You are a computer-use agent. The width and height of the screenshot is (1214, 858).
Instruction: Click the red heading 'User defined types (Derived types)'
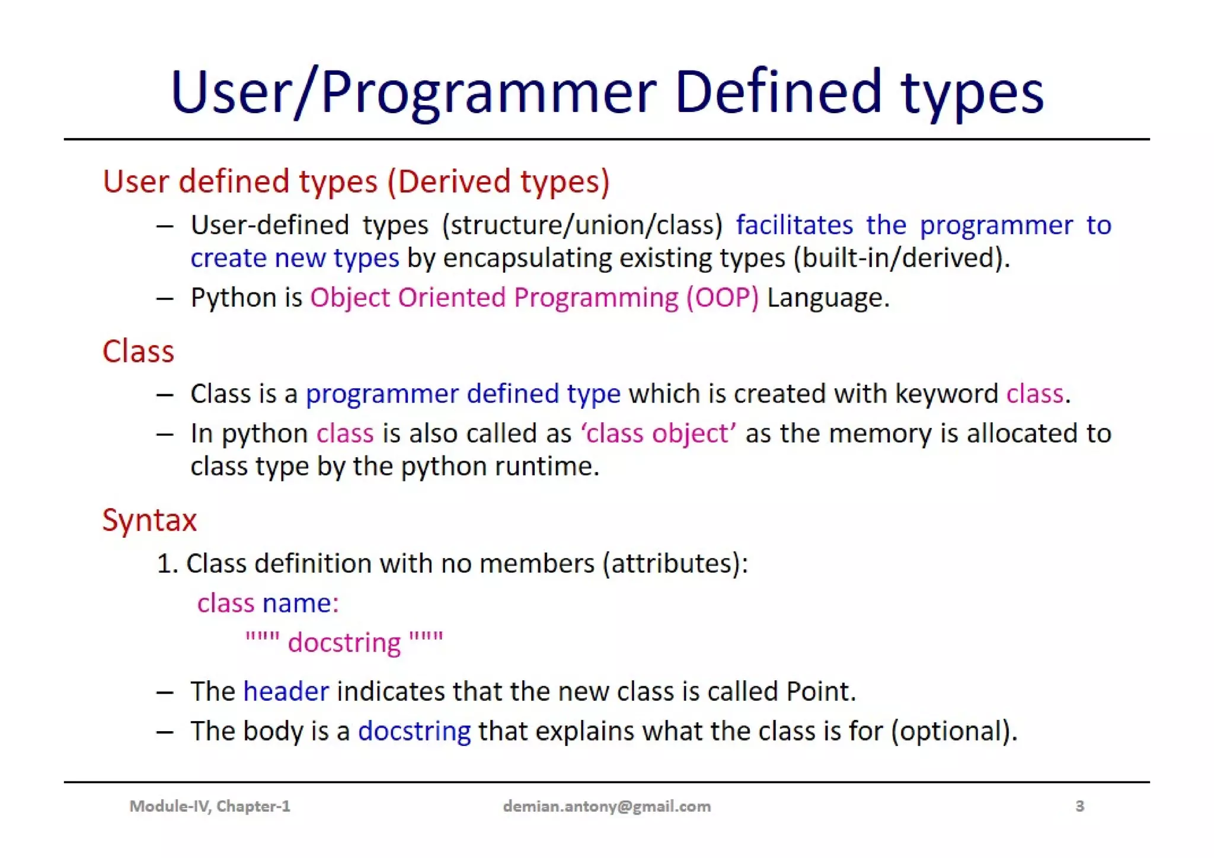356,181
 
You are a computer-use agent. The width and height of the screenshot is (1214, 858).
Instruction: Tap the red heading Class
138,351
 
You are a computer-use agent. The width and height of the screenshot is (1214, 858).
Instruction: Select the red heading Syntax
149,520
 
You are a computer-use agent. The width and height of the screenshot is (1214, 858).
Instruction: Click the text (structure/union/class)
582,225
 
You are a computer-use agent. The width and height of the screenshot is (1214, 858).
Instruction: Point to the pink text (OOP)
722,298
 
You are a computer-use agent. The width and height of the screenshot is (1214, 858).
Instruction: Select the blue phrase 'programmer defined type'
463,394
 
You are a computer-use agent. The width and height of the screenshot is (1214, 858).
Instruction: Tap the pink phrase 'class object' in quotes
659,433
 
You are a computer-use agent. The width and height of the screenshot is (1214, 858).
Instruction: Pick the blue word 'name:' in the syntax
301,603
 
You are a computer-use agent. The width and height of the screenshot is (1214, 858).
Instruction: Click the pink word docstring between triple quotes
344,643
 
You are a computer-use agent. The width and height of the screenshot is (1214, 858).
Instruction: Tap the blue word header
286,691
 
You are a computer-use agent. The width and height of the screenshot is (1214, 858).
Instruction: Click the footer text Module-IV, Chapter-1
210,806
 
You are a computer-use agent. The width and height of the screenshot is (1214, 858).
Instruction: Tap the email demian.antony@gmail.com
606,806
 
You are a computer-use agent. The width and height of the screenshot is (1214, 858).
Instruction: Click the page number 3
1079,806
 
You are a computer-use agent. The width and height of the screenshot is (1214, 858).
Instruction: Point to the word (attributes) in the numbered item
675,563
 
